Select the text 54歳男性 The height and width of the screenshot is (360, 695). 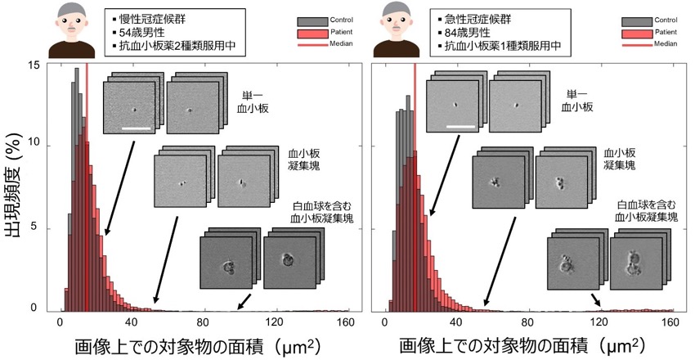click(137, 33)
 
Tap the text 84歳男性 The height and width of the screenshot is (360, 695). click(463, 33)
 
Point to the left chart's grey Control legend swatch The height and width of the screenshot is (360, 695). click(313, 22)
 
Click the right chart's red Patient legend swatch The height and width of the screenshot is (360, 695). click(637, 34)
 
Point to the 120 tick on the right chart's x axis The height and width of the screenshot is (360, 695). click(599, 322)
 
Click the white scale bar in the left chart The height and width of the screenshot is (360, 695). click(136, 128)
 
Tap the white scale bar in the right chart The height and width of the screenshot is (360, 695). click(460, 126)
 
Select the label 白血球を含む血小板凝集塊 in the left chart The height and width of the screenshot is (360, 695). click(322, 212)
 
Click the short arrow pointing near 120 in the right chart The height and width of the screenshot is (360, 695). click(596, 299)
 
